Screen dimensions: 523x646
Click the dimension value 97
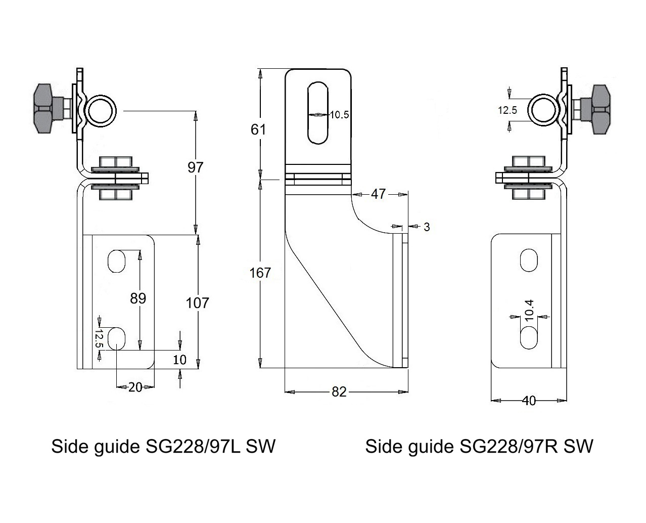(x=195, y=167)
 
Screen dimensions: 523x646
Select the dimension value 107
(x=197, y=302)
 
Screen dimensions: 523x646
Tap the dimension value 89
(x=138, y=298)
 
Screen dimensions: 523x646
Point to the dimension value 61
(x=258, y=129)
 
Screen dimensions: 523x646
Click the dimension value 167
(x=260, y=273)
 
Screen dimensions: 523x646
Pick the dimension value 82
(x=339, y=391)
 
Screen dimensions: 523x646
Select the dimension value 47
(x=378, y=194)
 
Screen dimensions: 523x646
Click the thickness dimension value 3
(x=427, y=227)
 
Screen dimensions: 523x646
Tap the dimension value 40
(x=529, y=401)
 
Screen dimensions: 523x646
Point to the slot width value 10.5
(x=340, y=115)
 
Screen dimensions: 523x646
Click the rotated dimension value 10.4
(x=529, y=310)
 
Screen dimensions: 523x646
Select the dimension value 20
(x=135, y=387)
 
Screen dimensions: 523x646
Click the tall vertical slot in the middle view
(x=317, y=112)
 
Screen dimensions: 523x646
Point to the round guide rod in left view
(x=101, y=110)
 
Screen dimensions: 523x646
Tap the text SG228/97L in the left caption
(x=192, y=446)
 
